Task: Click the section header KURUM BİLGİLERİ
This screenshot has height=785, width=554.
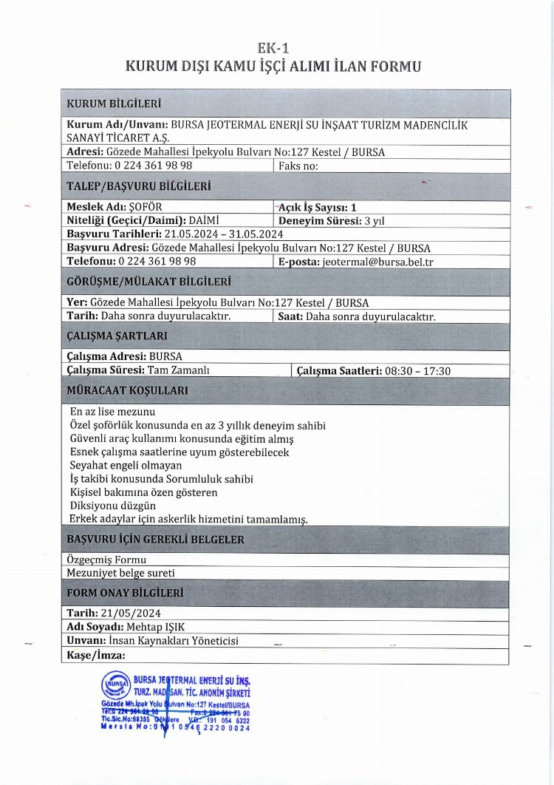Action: tap(114, 103)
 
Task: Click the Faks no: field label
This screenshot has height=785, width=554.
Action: tap(298, 166)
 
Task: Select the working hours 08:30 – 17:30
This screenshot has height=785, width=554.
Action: tap(417, 371)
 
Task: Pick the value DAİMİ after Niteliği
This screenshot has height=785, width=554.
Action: tap(205, 220)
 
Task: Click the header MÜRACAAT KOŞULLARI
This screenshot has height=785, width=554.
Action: tap(127, 390)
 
